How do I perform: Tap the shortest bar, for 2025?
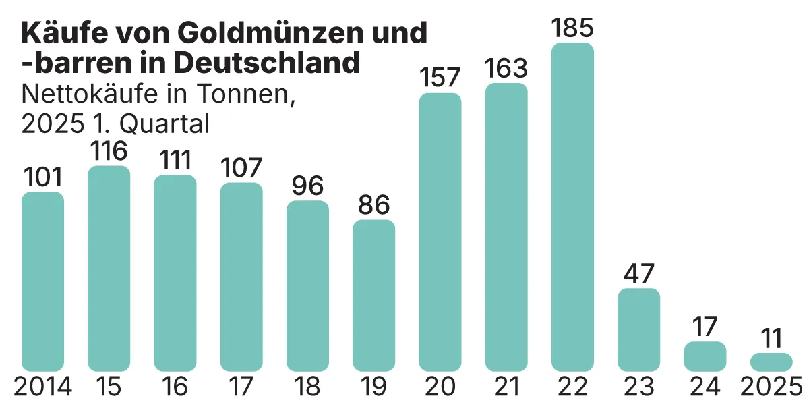(771, 362)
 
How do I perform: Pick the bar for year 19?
(374, 296)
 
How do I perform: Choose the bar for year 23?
(638, 330)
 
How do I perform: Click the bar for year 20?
(440, 232)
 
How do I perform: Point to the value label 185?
(572, 28)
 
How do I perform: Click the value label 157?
(440, 78)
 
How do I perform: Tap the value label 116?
(109, 150)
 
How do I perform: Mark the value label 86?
(374, 204)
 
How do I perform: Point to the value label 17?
(705, 327)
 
